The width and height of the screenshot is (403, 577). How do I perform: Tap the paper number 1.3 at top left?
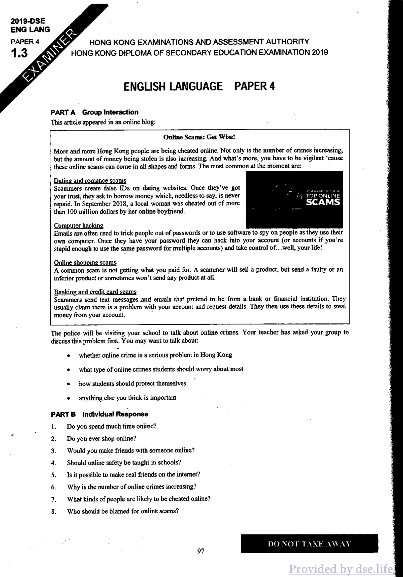tap(19, 53)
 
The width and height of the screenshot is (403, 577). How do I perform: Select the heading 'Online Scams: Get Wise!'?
tap(199, 137)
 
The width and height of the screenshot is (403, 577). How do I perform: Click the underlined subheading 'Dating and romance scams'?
tap(90, 180)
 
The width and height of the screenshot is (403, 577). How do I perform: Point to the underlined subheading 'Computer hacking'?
tap(79, 225)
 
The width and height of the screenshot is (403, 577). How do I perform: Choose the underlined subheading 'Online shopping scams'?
tap(85, 263)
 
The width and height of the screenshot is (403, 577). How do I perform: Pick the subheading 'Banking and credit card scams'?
tap(95, 292)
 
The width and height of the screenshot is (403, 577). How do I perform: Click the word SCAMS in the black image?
tap(323, 202)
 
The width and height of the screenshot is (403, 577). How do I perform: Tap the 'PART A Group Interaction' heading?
tap(94, 112)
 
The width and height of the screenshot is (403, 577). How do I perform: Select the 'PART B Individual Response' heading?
tap(99, 414)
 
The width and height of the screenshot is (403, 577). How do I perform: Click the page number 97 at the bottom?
tap(201, 551)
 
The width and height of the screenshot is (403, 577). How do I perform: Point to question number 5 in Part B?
tap(53, 475)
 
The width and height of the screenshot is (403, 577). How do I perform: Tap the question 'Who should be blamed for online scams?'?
tap(123, 511)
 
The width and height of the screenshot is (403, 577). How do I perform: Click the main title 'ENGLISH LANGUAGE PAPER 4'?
tap(199, 86)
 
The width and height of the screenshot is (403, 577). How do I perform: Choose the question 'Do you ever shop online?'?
tap(102, 438)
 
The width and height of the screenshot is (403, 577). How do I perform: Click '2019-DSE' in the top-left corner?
tap(28, 21)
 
